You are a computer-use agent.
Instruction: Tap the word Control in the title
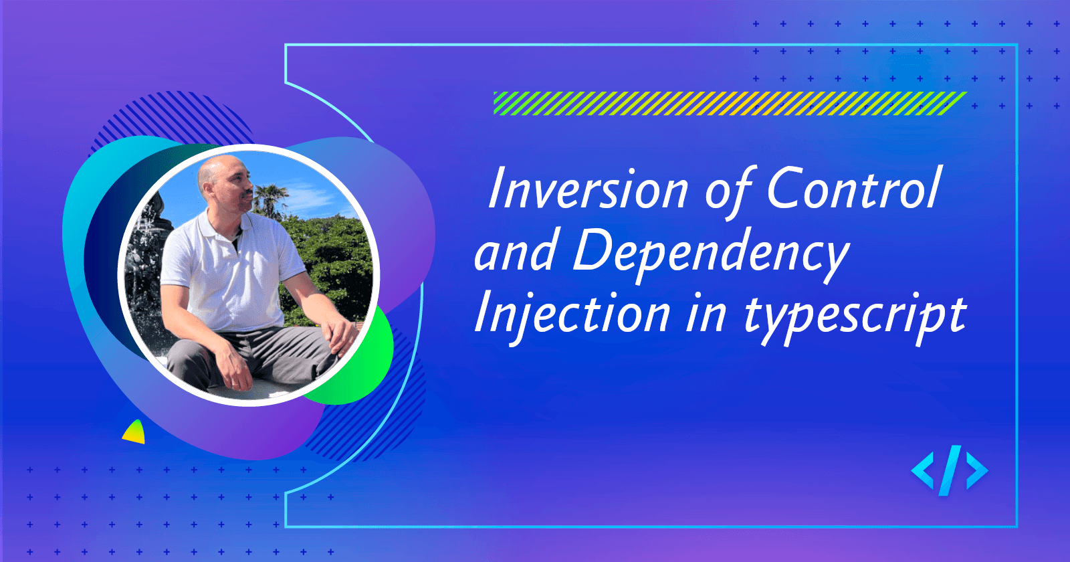(853, 189)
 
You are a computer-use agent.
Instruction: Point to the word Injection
(572, 314)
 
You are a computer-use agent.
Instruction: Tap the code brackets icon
(949, 471)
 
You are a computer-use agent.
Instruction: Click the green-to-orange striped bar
(729, 104)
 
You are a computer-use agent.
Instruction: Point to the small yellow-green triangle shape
(135, 434)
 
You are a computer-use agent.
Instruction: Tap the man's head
(224, 181)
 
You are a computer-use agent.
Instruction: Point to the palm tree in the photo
(271, 197)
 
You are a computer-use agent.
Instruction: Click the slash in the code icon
(950, 471)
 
